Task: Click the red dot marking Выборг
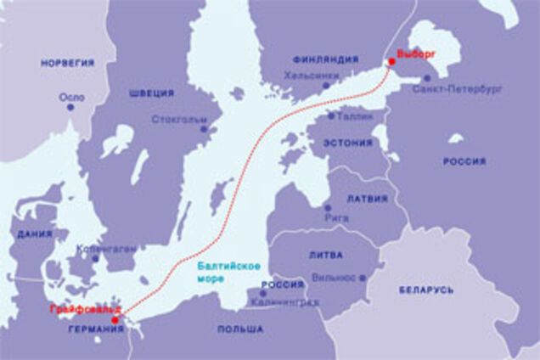pos(391,61)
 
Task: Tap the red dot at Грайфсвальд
pos(115,321)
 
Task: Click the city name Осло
pos(71,98)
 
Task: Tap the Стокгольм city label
pos(179,120)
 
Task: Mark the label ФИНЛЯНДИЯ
pos(325,60)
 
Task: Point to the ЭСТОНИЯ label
pos(346,143)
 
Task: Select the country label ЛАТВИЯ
pos(368,199)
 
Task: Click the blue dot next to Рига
pos(327,207)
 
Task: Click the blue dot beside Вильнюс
pos(363,278)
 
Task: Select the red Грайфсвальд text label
pos(84,307)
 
